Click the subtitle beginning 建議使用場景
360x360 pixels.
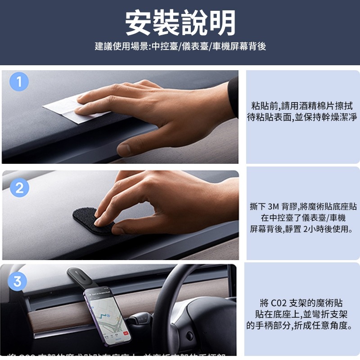pos(180,46)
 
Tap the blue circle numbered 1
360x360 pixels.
pos(19,83)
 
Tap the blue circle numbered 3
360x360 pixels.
pos(17,282)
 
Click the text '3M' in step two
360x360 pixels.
pos(274,207)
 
